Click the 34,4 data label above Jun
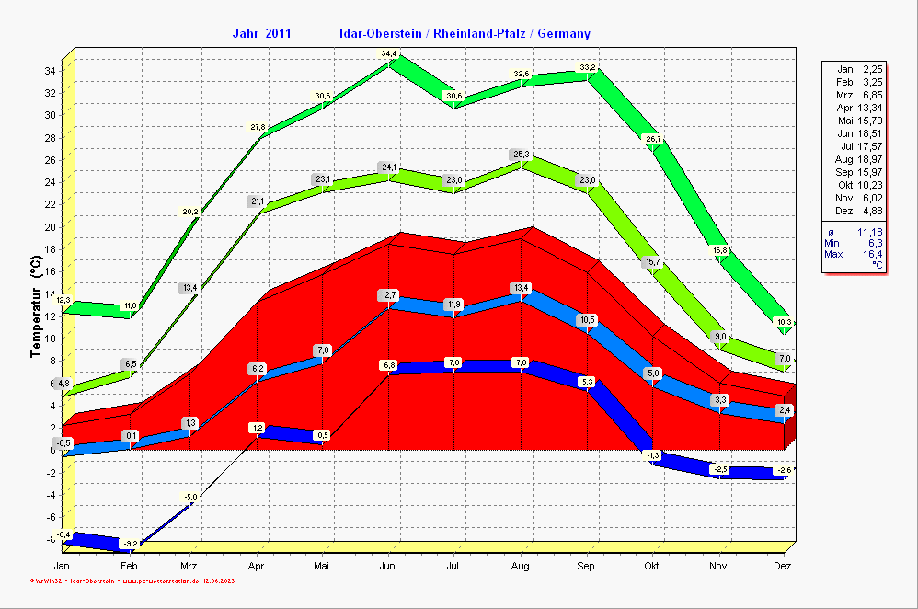[x=389, y=54]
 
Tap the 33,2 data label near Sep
[x=588, y=67]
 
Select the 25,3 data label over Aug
[x=522, y=155]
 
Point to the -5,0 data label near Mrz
[x=190, y=498]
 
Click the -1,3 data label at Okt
[x=653, y=456]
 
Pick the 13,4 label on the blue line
[x=522, y=288]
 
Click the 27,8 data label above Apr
[x=258, y=127]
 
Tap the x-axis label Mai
[x=322, y=566]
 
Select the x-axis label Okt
[x=653, y=566]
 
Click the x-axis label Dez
[x=783, y=566]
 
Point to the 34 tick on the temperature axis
[x=52, y=70]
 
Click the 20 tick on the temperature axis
[x=52, y=226]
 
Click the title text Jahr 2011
[x=262, y=34]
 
